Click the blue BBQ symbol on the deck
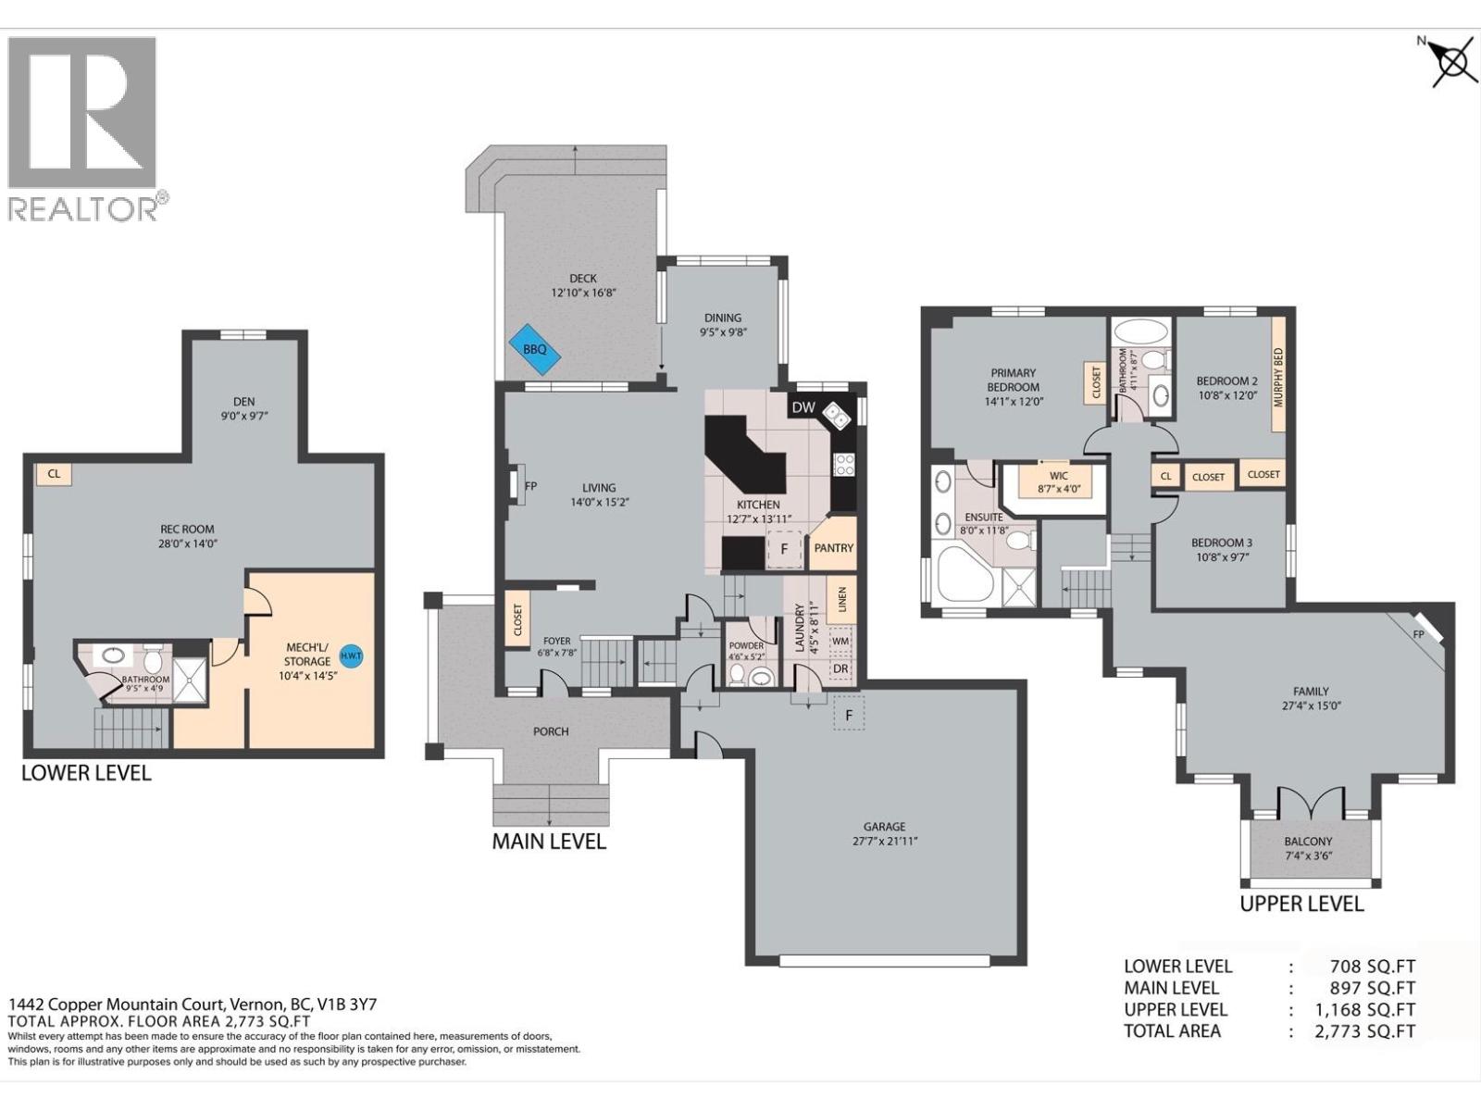pos(534,349)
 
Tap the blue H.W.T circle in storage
pos(352,655)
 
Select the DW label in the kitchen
pos(803,407)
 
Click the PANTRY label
pos(833,548)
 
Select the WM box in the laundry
pos(840,641)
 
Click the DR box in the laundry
pos(840,668)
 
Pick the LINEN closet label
pos(841,600)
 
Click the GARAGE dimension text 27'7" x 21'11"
pos(885,841)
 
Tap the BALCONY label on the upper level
pos(1308,842)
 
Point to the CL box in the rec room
pos(54,474)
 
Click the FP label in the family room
pos(1418,635)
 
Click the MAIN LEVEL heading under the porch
pos(549,842)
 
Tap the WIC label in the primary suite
pos(1059,476)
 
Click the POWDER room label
pos(746,646)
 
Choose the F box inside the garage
pos(849,716)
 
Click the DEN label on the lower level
pos(243,402)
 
